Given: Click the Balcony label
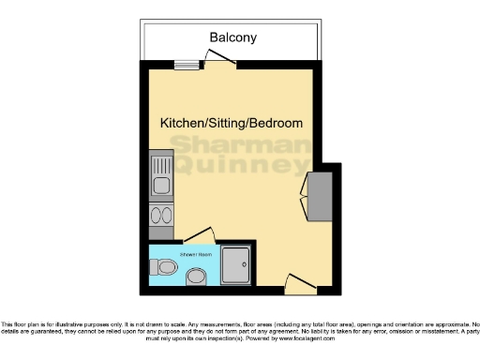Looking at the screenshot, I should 232,37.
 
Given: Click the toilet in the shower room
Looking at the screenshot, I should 165,268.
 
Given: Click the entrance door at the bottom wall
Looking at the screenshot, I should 296,281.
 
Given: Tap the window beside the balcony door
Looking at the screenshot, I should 182,65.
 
